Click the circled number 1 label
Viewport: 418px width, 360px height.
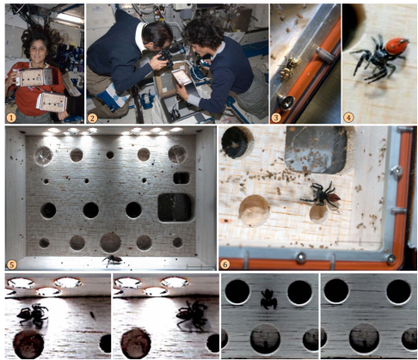click(11, 118)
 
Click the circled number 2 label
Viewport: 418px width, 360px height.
click(92, 118)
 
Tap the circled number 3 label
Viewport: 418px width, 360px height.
click(276, 118)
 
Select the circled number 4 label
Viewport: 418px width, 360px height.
click(348, 117)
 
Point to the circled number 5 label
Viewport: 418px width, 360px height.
click(12, 265)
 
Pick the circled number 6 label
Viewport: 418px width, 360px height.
click(224, 264)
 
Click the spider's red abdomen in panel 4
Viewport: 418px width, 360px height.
click(396, 46)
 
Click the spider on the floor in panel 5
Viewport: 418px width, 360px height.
click(112, 260)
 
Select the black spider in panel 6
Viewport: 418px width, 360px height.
click(321, 195)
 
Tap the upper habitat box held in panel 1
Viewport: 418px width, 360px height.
click(34, 76)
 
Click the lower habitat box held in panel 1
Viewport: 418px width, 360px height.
click(52, 102)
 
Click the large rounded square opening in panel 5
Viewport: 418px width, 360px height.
click(175, 208)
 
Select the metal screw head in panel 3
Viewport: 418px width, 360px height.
click(286, 101)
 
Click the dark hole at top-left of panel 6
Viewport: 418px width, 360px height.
click(236, 143)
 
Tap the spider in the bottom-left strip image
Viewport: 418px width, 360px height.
click(33, 315)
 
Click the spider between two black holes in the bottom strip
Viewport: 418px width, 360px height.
click(268, 299)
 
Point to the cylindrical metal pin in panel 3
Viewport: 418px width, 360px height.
click(324, 55)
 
